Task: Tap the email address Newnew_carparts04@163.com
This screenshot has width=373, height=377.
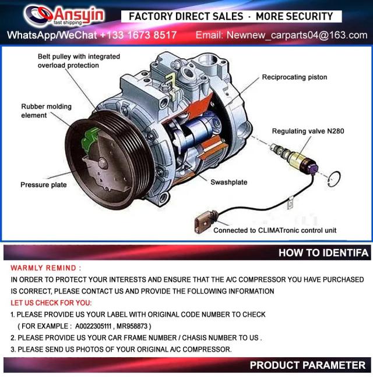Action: click(297, 35)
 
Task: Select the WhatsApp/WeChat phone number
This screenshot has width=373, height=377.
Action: click(138, 35)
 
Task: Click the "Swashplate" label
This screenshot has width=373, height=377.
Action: click(229, 182)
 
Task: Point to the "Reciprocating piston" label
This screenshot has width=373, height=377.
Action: click(294, 77)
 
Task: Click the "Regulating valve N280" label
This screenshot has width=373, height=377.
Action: click(308, 131)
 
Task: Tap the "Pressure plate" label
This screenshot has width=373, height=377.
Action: click(44, 184)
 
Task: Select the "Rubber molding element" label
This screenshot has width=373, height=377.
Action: click(46, 111)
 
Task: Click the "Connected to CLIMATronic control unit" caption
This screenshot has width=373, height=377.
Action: click(275, 230)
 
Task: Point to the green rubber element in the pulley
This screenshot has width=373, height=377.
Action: click(90, 138)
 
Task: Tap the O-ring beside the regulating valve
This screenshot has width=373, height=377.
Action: click(334, 179)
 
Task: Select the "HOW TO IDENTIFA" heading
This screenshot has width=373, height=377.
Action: click(323, 252)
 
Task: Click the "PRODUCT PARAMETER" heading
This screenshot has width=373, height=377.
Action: click(308, 365)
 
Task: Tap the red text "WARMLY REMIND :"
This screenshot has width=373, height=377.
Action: click(46, 268)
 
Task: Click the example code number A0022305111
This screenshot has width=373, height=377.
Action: click(93, 326)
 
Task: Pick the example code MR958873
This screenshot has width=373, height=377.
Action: click(132, 326)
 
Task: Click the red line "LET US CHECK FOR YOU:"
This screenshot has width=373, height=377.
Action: click(51, 303)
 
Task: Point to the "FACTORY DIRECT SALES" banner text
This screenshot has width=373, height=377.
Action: click(186, 16)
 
